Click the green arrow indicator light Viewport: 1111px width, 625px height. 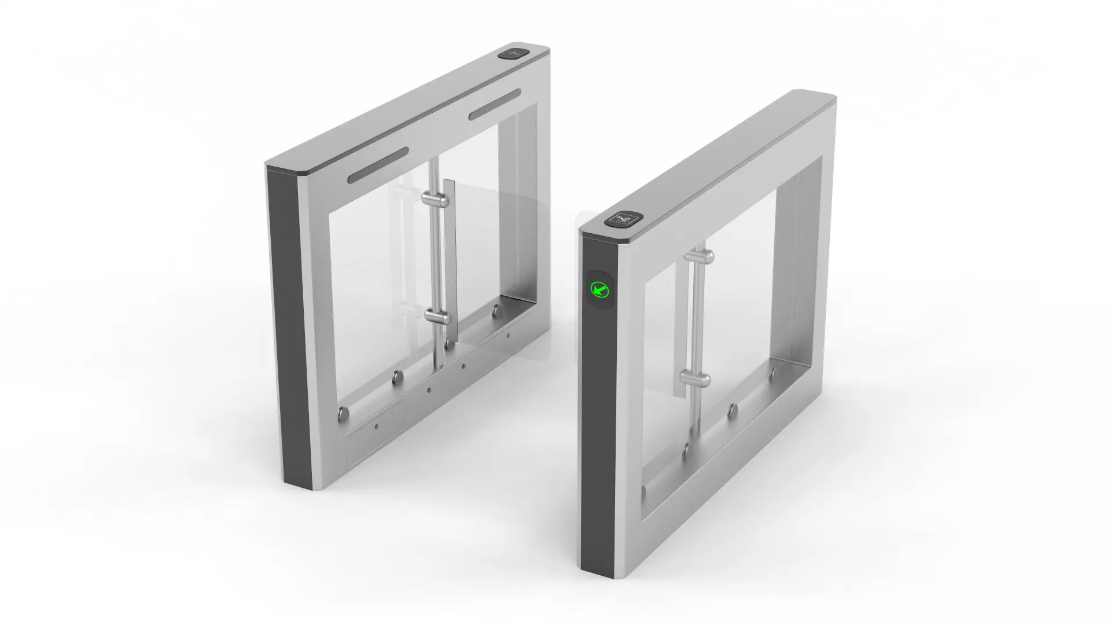point(599,289)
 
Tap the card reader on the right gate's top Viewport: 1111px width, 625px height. point(624,219)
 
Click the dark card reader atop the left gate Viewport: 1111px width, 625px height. point(513,54)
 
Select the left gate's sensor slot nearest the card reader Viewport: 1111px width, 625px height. point(495,104)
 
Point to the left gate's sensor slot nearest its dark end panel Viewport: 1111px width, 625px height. point(378,165)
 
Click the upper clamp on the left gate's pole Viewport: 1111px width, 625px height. point(435,200)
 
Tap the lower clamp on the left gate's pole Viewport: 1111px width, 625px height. point(437,317)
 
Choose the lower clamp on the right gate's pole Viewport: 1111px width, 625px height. point(695,379)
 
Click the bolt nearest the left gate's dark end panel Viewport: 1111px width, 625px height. point(343,413)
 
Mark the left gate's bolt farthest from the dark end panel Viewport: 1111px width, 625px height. point(496,312)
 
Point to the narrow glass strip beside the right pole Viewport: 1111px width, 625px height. point(680,324)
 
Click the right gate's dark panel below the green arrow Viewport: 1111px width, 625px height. point(598,434)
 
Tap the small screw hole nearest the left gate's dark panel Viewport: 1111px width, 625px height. point(376,427)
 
